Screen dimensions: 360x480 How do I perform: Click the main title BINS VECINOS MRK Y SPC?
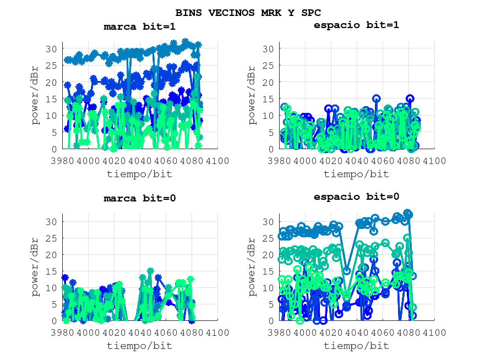point(248,12)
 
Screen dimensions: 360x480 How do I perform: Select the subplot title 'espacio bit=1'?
point(356,25)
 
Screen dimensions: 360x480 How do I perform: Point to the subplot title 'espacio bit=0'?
point(356,197)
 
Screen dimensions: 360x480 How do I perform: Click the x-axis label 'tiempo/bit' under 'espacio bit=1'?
point(356,174)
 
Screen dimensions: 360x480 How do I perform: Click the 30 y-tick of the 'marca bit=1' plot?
point(52,48)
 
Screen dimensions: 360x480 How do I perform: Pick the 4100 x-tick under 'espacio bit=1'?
point(434,160)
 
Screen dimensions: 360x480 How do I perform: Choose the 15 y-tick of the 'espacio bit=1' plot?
point(268,99)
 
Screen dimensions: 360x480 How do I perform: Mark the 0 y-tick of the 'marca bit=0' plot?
point(54,321)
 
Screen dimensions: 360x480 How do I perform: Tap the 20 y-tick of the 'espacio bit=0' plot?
point(268,254)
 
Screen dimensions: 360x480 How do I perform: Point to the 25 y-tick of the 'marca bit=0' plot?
point(52,238)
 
